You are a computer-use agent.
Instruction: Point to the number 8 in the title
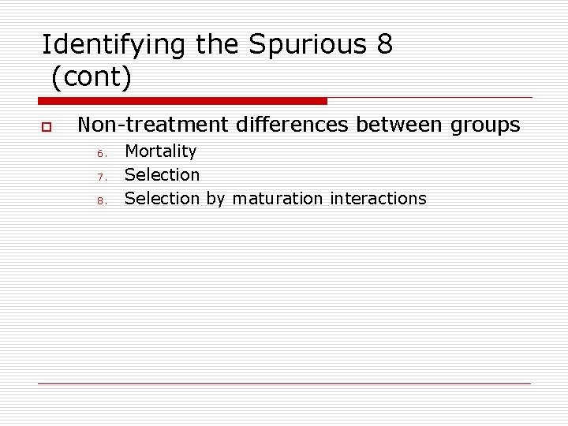coord(384,45)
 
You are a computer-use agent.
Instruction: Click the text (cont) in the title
coord(92,78)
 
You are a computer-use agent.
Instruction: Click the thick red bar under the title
coord(183,101)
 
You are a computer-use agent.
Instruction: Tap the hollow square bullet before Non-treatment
coord(47,126)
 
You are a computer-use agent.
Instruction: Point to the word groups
coord(485,125)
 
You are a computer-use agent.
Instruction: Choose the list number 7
coord(101,177)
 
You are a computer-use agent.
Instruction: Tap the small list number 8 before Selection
coord(101,200)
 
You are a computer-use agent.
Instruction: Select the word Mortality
coord(160,151)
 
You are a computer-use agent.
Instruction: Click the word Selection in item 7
coord(162,174)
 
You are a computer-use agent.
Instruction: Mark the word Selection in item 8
coord(162,198)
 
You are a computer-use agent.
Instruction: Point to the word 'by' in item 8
coord(215,199)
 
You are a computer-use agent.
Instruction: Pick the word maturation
coord(278,198)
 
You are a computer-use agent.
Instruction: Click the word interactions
coord(378,198)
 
